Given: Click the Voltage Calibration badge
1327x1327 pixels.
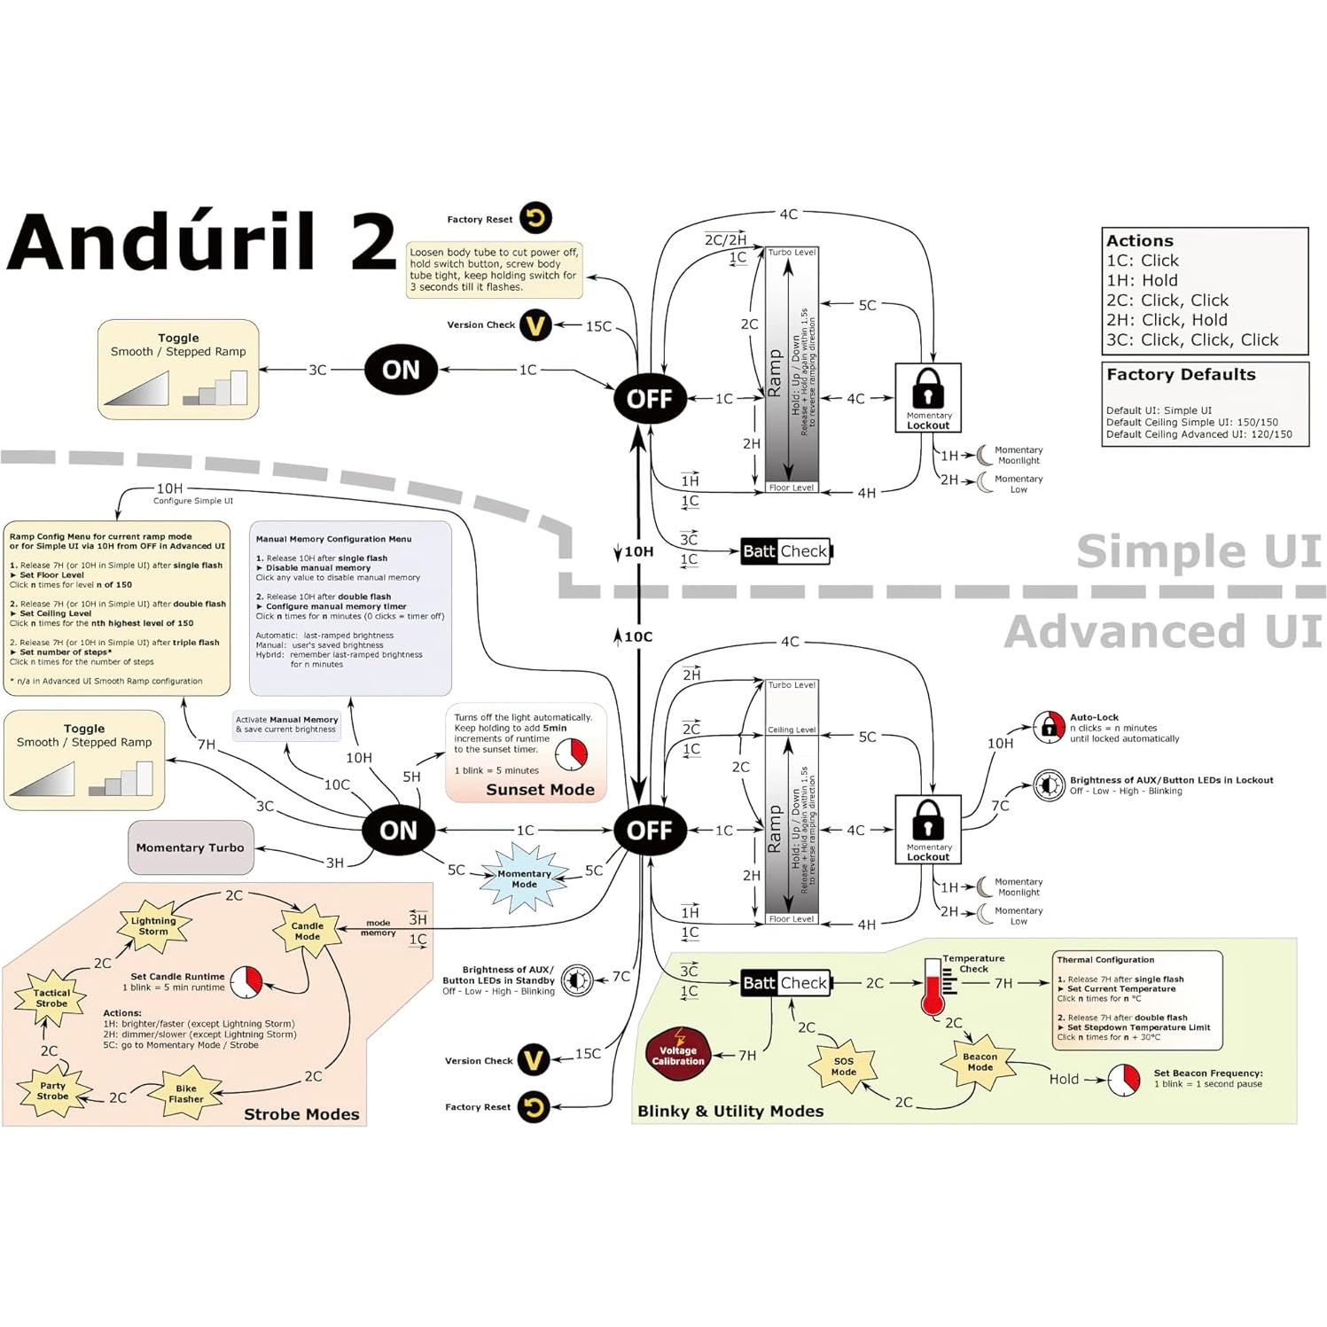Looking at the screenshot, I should (678, 1054).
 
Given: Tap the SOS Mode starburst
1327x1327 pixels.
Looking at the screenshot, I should (843, 1066).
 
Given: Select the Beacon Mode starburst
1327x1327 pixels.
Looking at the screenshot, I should (980, 1062).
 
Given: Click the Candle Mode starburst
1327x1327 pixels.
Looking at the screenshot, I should (307, 931).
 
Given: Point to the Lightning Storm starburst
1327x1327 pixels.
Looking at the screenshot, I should (153, 926).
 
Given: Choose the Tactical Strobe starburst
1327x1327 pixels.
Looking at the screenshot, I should (51, 998).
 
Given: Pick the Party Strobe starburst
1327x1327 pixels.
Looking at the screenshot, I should (52, 1090).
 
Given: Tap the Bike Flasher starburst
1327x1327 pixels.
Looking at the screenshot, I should (186, 1094).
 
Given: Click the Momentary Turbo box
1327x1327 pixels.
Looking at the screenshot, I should (190, 847).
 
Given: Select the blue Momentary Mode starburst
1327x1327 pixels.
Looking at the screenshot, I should (524, 878).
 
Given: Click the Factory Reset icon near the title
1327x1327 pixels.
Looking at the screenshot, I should (535, 218).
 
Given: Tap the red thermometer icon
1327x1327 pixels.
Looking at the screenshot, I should (932, 987).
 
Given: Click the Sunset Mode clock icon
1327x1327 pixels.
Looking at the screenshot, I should (571, 754).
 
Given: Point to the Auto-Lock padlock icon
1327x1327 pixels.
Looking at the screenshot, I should (1050, 727).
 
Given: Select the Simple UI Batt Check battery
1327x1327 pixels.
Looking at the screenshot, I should (786, 551).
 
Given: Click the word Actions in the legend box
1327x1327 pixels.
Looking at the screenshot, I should (1140, 241).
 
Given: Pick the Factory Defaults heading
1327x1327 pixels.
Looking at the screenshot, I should (1181, 375).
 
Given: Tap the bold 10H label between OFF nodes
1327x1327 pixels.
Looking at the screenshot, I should (638, 551).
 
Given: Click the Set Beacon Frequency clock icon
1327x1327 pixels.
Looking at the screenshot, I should (1124, 1080).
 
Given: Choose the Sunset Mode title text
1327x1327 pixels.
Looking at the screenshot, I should (540, 790).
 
